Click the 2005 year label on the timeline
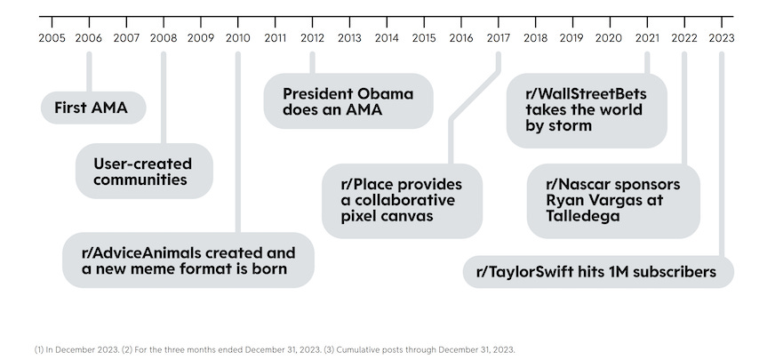[x=52, y=38]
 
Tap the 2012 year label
[x=312, y=38]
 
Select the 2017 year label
[x=498, y=38]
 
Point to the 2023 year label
[x=721, y=38]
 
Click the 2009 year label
[x=201, y=38]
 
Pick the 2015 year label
[x=424, y=38]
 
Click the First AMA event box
[x=92, y=108]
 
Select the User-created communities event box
[x=142, y=172]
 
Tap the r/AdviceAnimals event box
[x=188, y=260]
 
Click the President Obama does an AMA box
[x=348, y=101]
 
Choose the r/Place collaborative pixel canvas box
[x=402, y=201]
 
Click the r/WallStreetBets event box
[x=586, y=110]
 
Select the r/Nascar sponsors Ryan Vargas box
[x=613, y=201]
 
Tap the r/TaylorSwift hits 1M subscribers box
[x=598, y=272]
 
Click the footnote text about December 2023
[x=275, y=349]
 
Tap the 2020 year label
[x=609, y=38]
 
